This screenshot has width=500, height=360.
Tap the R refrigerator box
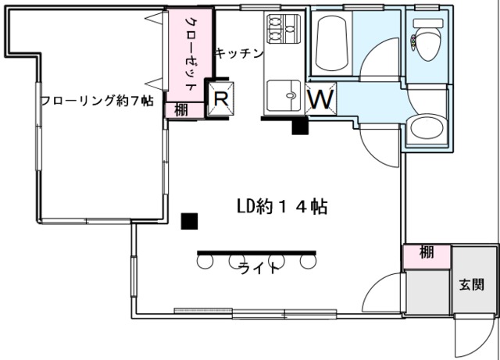click(221, 98)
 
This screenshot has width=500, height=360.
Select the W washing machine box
click(321, 99)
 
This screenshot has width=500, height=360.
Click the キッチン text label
click(239, 53)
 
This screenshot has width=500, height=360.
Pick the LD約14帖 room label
click(281, 207)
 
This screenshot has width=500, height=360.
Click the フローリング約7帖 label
click(96, 102)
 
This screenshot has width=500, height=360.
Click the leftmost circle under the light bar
click(205, 262)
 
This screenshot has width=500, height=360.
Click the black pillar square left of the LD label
click(188, 221)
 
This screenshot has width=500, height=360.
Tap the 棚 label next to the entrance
click(426, 253)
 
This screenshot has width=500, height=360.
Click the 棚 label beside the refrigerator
click(181, 110)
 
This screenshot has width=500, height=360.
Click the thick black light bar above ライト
click(256, 252)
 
